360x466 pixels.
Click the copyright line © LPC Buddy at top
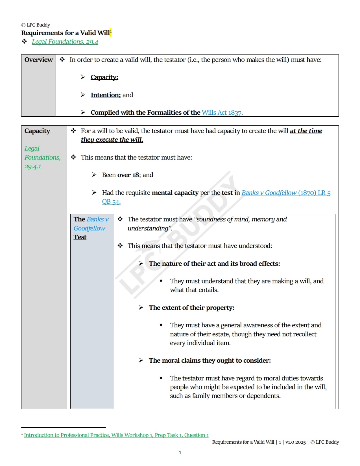point(36,25)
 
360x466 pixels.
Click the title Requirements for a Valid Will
point(66,33)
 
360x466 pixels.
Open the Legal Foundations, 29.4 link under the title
point(65,42)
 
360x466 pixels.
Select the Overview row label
point(38,60)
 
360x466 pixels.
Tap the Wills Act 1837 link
point(222,112)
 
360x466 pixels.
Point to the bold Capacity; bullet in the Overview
point(104,77)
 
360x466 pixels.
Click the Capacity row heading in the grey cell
point(37,131)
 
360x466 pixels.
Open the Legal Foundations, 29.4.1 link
point(42,157)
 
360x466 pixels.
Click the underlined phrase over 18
point(128,175)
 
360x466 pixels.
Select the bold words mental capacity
point(175,193)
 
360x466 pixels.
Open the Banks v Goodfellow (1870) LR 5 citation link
point(286,193)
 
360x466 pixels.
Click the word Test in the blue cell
point(80,237)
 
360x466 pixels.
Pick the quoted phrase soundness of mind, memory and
point(241,219)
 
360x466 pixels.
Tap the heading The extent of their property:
point(191,308)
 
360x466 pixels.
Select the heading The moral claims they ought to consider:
point(210,360)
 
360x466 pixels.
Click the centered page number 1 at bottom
point(180,452)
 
